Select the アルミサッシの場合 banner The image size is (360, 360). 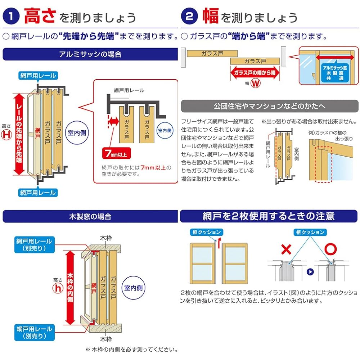[x=90, y=54]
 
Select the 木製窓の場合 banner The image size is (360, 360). [x=90, y=216]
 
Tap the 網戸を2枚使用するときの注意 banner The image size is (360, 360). [x=269, y=216]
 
